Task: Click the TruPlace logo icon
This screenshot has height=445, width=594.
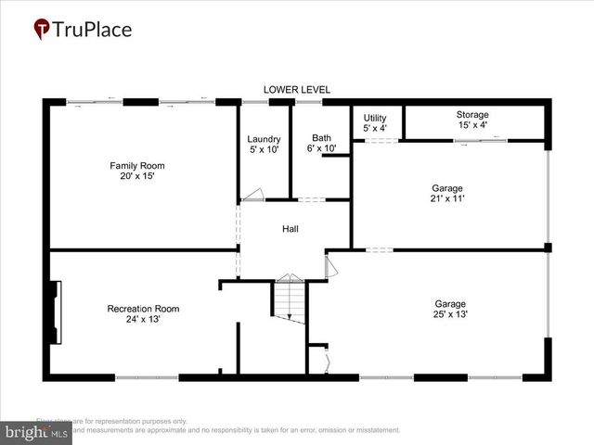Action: coord(42,30)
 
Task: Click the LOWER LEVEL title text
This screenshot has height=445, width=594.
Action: coord(297,89)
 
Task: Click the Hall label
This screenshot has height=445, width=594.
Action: coord(291,229)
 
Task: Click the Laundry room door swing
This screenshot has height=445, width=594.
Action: coord(252,195)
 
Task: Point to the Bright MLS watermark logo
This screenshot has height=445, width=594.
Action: coord(37,432)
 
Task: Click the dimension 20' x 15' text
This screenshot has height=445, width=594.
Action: coord(131,176)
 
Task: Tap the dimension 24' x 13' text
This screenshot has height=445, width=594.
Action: coord(143,320)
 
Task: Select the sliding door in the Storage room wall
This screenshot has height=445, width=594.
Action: coord(480,140)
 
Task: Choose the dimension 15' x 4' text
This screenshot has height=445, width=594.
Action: coord(471,125)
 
